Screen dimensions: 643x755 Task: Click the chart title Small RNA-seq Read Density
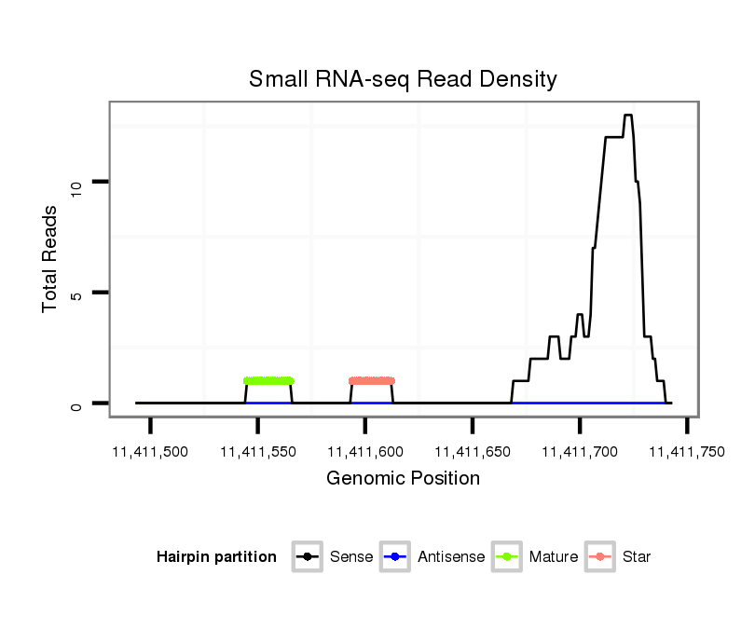(x=403, y=79)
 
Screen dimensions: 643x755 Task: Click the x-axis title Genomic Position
(x=403, y=479)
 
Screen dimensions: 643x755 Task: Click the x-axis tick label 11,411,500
(x=149, y=452)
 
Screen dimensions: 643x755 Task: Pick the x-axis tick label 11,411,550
(x=257, y=452)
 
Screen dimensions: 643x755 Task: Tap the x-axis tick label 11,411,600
(x=364, y=452)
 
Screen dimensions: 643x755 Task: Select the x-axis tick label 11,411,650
(x=472, y=452)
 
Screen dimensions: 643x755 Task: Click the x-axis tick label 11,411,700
(x=579, y=452)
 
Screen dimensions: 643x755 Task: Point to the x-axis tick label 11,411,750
(x=686, y=452)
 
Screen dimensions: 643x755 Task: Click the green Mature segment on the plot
(x=268, y=380)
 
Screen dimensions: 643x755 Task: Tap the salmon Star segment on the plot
(x=372, y=380)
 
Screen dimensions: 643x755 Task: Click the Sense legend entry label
(x=351, y=557)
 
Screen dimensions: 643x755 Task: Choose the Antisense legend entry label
(x=451, y=557)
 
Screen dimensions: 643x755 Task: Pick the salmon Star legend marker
(x=601, y=557)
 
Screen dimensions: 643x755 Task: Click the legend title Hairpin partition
(x=216, y=557)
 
